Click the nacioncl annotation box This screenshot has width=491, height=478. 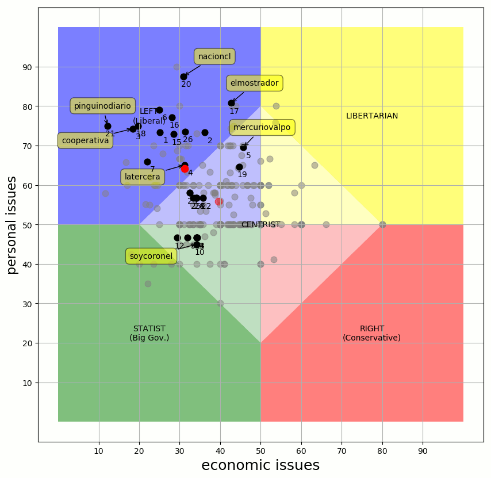coord(214,56)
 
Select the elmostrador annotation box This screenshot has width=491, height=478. coord(254,83)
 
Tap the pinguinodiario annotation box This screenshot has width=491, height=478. coord(102,106)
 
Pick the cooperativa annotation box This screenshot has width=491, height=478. coord(85,140)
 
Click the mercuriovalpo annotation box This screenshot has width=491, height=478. coord(262,127)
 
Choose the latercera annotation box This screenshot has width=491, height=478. coord(143,177)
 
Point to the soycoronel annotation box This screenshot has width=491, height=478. coord(151,256)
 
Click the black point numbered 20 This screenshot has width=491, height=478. coord(184,77)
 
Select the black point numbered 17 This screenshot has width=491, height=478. coord(231,104)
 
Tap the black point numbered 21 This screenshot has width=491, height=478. coord(108,126)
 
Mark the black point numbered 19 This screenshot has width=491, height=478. coord(239,167)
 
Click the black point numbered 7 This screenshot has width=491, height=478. coord(147,162)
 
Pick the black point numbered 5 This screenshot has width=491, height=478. coord(243,147)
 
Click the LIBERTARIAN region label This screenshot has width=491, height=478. coord(372,116)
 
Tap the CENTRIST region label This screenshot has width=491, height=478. coord(260,224)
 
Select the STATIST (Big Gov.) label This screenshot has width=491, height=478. coord(149,333)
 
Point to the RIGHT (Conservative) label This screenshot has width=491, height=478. coord(371,333)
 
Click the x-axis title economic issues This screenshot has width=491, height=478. coord(260,465)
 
